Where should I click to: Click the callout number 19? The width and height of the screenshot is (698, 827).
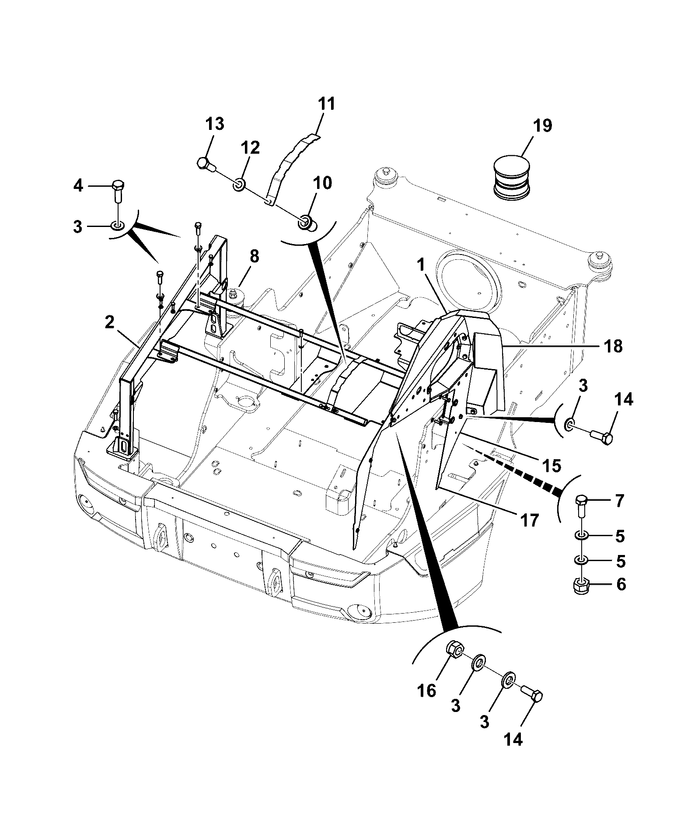click(542, 126)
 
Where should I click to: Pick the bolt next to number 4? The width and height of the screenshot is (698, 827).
click(119, 191)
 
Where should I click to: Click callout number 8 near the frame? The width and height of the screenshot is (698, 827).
click(254, 257)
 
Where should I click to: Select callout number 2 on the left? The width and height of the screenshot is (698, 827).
click(109, 323)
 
